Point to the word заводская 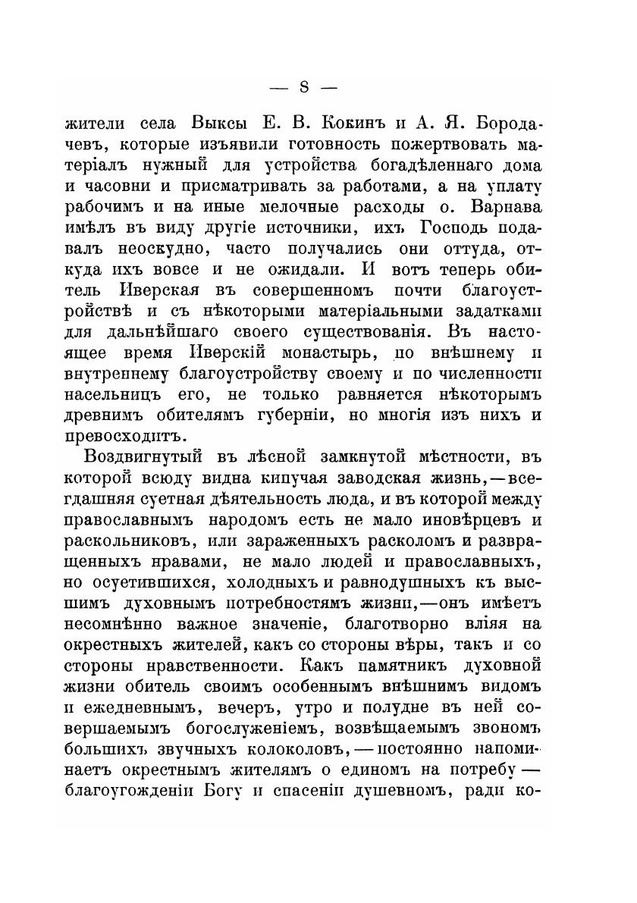367,478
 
